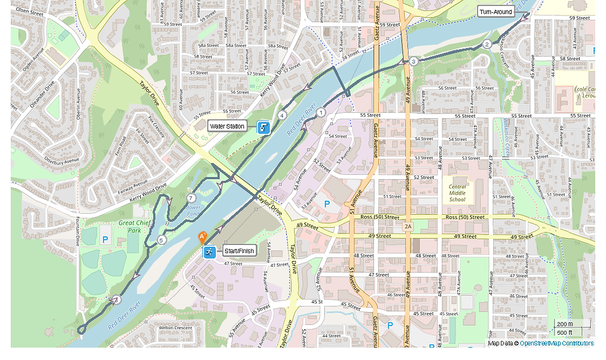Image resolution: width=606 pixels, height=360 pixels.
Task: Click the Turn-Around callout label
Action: point(496,12)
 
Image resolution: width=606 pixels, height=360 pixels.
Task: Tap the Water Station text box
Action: point(228,127)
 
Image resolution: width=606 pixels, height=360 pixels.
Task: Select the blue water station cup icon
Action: point(264,127)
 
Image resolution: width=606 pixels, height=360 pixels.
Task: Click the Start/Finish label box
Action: point(239,251)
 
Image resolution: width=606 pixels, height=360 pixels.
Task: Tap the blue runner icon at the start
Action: point(209,251)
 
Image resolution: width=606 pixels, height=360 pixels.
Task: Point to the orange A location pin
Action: point(202,237)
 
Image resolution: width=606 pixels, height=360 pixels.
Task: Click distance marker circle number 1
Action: point(321,112)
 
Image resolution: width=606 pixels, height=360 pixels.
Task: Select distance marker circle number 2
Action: point(487,44)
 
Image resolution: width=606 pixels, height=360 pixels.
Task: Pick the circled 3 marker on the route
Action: point(414,62)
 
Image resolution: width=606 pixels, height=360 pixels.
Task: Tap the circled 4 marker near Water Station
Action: point(282,115)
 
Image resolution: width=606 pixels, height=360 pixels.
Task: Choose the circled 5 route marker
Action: point(161,240)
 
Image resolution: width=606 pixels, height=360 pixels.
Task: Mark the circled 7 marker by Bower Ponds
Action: point(191,198)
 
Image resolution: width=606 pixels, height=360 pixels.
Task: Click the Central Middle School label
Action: point(457,192)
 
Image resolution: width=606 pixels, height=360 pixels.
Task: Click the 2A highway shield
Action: point(408,227)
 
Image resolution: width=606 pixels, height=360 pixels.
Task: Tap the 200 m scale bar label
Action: point(564,324)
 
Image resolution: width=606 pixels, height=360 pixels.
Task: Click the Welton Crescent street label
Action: point(175,328)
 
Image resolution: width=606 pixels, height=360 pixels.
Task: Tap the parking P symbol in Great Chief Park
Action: point(105,239)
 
